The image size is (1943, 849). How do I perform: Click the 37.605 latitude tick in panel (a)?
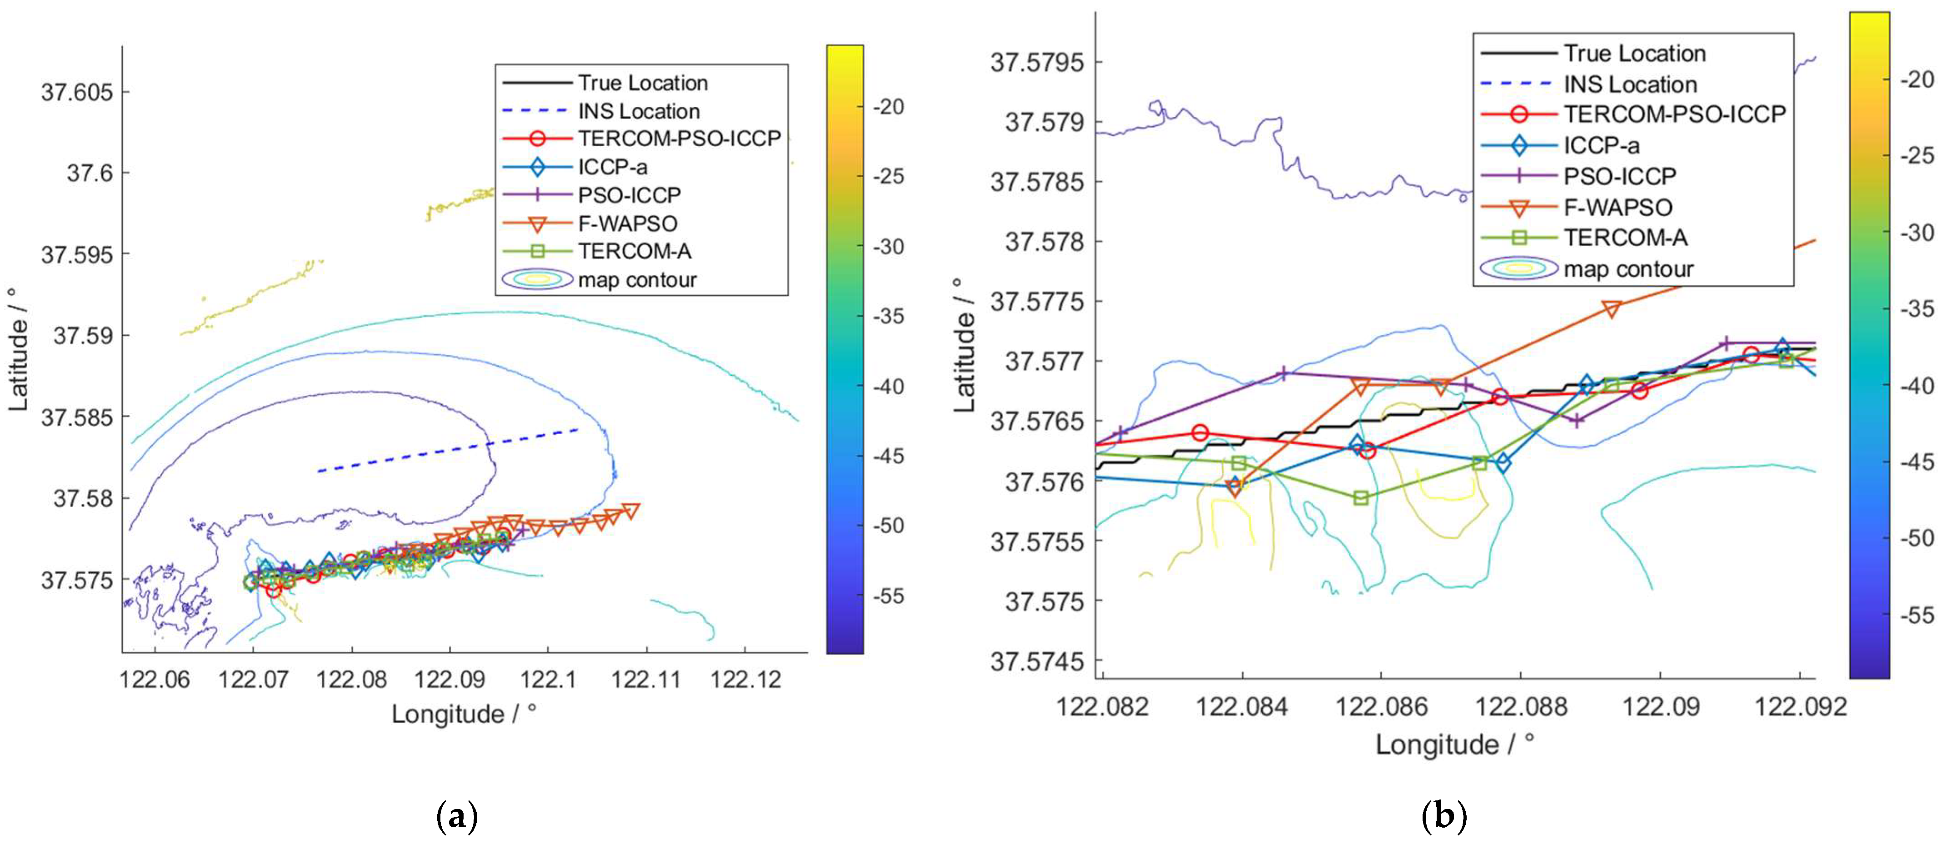coord(76,93)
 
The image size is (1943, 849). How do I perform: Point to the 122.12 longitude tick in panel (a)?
coord(745,680)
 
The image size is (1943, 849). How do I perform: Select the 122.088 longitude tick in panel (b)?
coord(1521,706)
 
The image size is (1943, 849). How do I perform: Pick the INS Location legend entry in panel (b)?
coord(1630,84)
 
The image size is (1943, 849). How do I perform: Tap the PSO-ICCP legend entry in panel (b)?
coord(1619,176)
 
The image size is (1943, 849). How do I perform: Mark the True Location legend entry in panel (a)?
coord(643,82)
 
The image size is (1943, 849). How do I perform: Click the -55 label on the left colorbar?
coord(889,596)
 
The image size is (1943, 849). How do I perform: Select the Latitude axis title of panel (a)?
coord(18,349)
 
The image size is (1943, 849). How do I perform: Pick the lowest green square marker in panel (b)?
coord(1361,498)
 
